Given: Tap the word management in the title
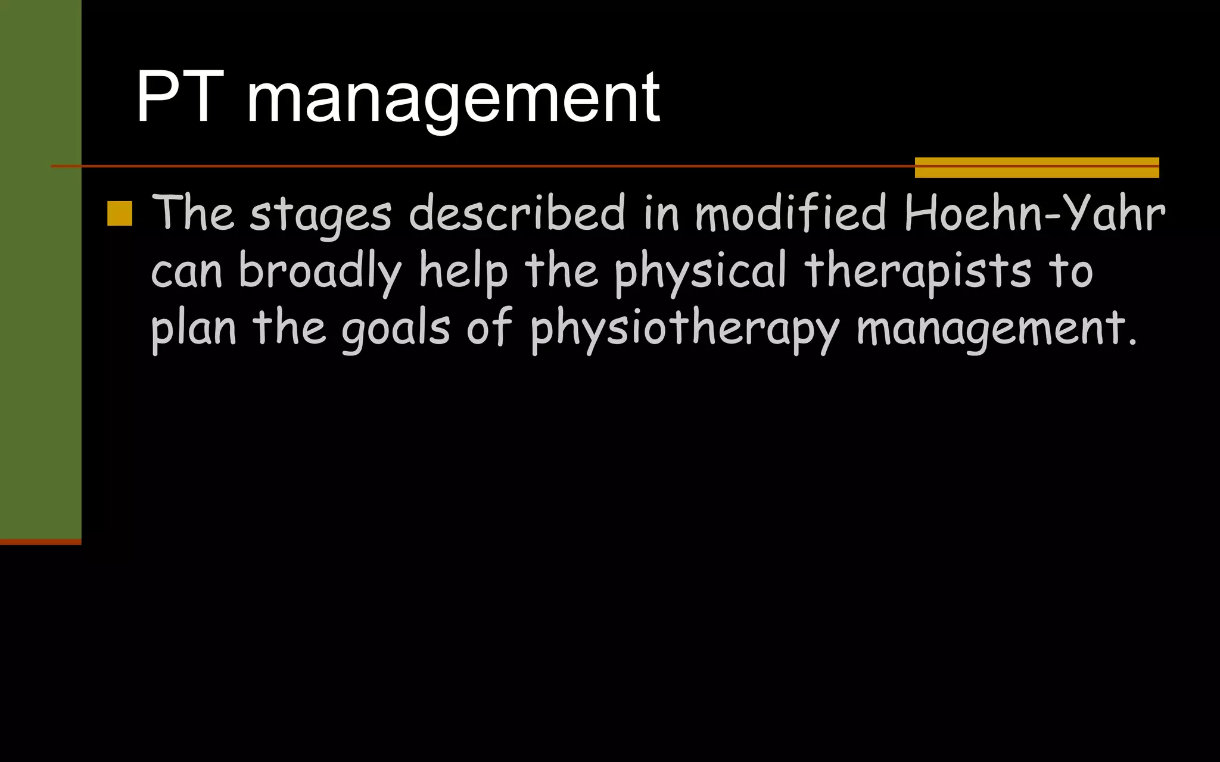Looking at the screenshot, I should tap(453, 99).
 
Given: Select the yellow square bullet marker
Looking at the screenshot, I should tap(120, 214).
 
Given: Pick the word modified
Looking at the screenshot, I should tap(791, 213).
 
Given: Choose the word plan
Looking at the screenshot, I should tap(194, 329).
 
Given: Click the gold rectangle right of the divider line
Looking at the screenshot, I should tap(1037, 167).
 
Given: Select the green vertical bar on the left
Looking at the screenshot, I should tap(41, 268).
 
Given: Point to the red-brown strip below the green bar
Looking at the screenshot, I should tap(41, 542).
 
